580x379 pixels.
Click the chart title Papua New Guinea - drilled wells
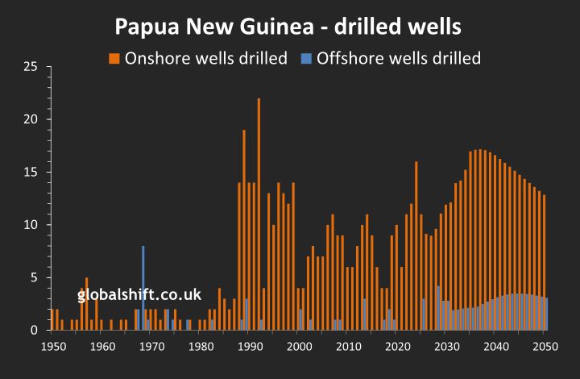(x=288, y=26)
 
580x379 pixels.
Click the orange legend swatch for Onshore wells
(x=114, y=58)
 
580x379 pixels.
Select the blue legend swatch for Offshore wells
(x=307, y=58)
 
